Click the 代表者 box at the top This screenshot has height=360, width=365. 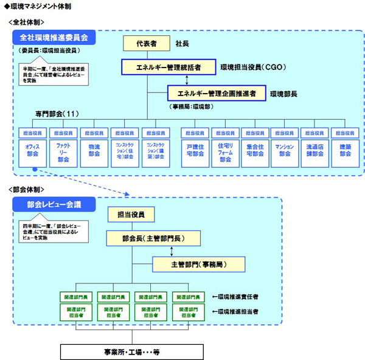[146, 44]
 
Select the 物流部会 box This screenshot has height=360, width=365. [94, 150]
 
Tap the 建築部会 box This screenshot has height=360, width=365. [345, 150]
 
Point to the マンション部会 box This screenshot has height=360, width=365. [285, 150]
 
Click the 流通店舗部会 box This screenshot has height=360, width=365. [315, 150]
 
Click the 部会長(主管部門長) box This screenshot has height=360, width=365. [146, 237]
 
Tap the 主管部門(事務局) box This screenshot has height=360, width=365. [198, 264]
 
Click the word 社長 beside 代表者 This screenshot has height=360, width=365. [182, 44]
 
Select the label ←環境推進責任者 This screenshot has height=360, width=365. [239, 297]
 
